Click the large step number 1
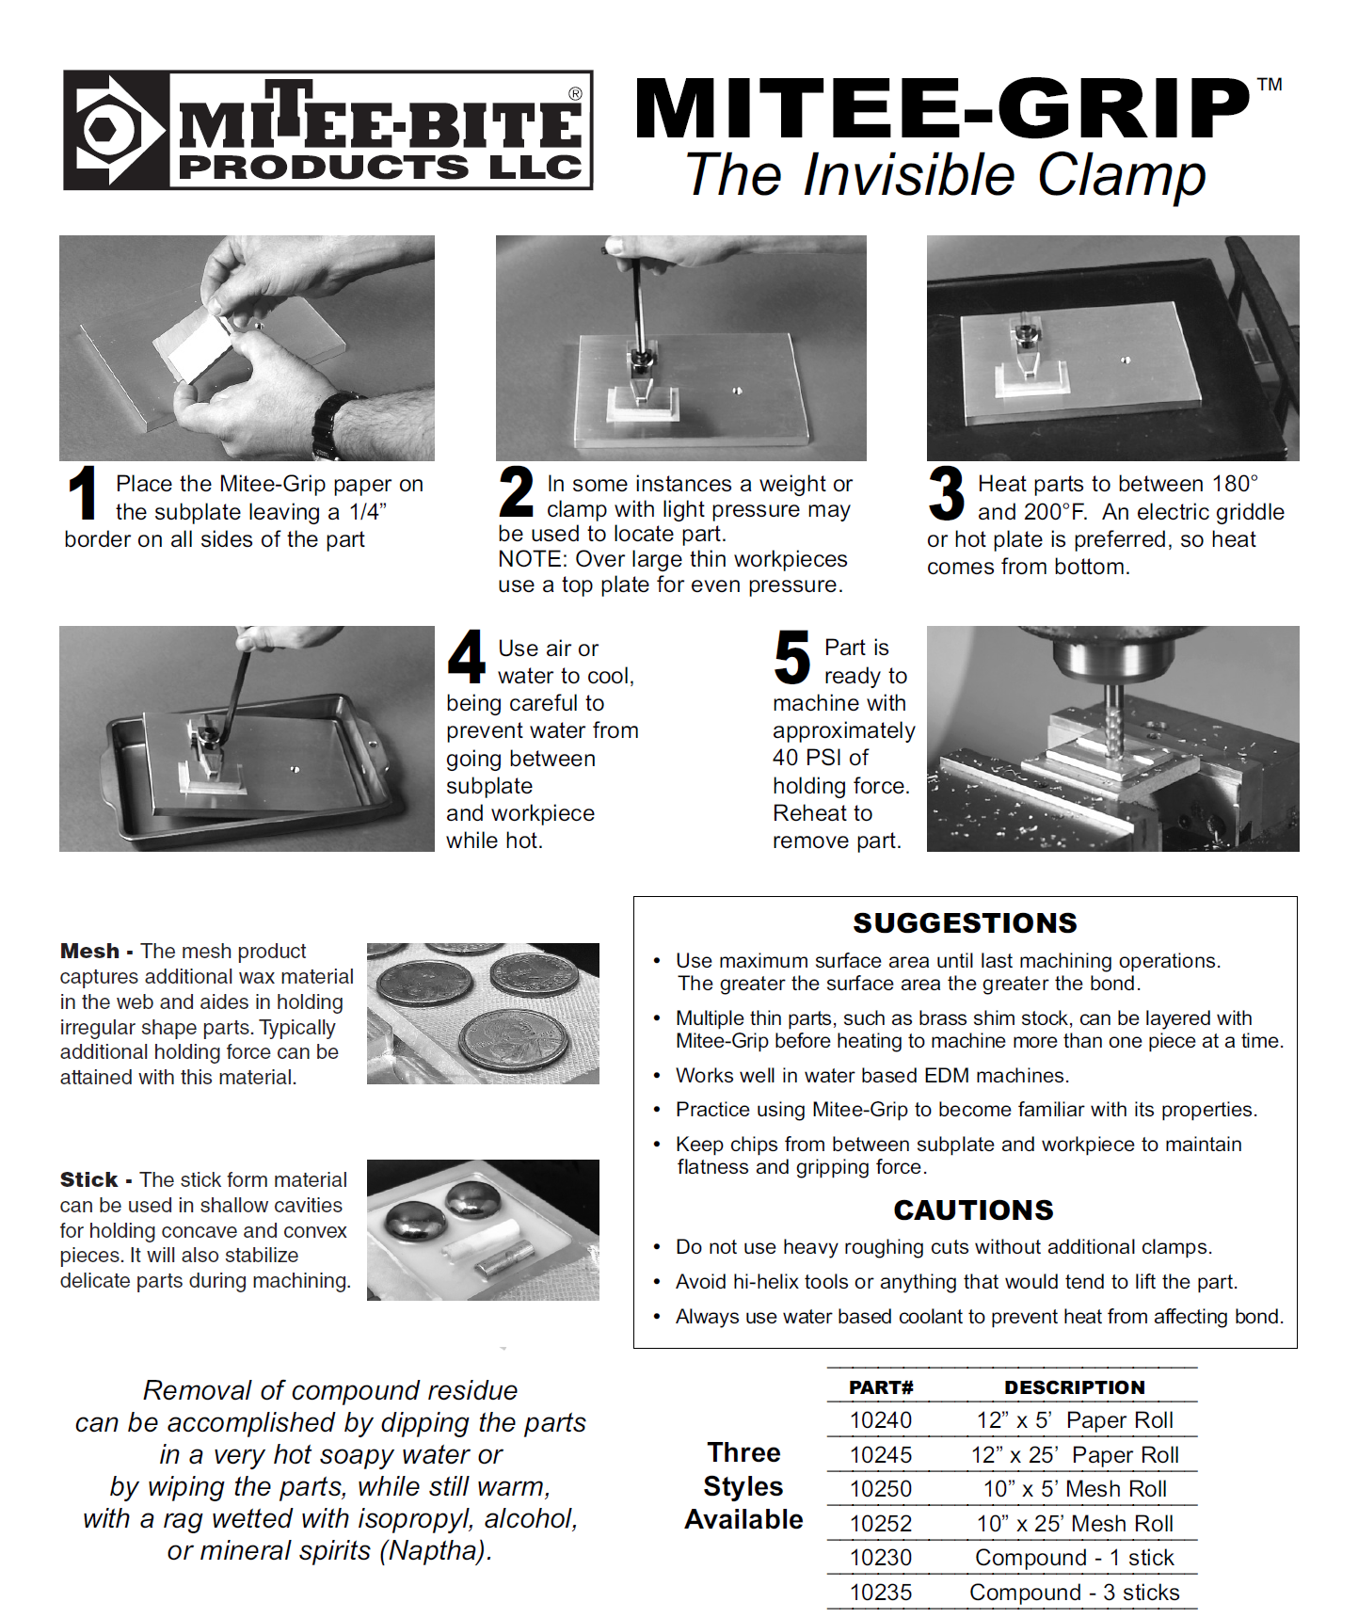[x=84, y=492]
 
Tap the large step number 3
[x=946, y=492]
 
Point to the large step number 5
[x=791, y=657]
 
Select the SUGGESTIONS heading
[x=965, y=922]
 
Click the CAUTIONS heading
[x=973, y=1209]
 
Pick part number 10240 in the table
[x=881, y=1419]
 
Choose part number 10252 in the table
[x=881, y=1523]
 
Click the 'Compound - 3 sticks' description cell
[x=1074, y=1592]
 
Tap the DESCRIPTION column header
[x=1075, y=1387]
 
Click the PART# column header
[x=881, y=1387]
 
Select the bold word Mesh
[x=89, y=951]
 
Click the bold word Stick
[x=89, y=1179]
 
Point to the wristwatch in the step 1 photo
[x=335, y=424]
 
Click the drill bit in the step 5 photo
[x=1114, y=720]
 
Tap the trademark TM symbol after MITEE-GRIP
[x=1270, y=85]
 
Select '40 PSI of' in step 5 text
[x=820, y=758]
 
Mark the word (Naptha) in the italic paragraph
[x=436, y=1550]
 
